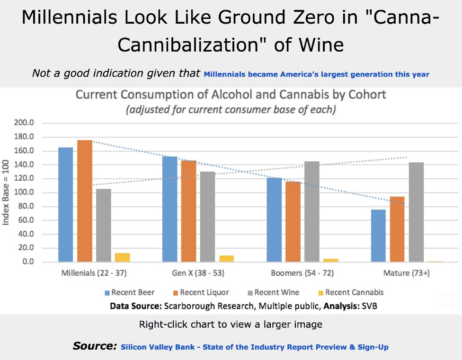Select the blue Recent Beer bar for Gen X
[x=169, y=209]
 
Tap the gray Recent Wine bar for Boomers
[x=311, y=211]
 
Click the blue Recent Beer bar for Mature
[x=378, y=236]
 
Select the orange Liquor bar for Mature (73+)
[x=397, y=229]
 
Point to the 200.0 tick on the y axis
[x=38, y=123]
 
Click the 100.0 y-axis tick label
[x=38, y=193]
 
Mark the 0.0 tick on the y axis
[x=42, y=262]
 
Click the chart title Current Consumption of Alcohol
[x=231, y=95]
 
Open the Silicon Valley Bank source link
[x=254, y=347]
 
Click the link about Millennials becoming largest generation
[x=316, y=74]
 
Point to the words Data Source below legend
[x=135, y=306]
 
